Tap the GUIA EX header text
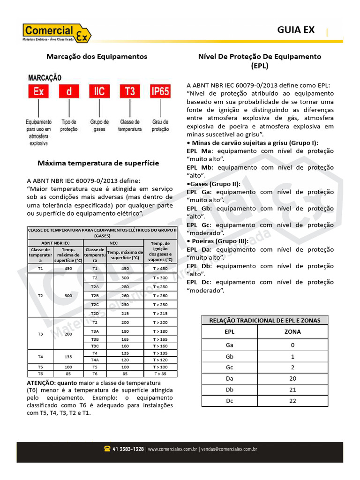coord(296,30)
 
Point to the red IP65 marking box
coord(159,91)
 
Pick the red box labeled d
coord(69,91)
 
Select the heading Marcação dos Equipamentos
coord(97,56)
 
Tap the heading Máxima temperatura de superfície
coord(98,163)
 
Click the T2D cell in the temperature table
coord(95,313)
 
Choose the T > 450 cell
coord(160,268)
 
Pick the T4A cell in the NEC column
coord(95,360)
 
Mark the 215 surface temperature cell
coord(125,313)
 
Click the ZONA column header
coord(292,331)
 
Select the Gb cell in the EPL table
coord(229,356)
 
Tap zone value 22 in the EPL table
coord(292,401)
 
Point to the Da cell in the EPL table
coord(229,378)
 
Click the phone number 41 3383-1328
coord(128,449)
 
